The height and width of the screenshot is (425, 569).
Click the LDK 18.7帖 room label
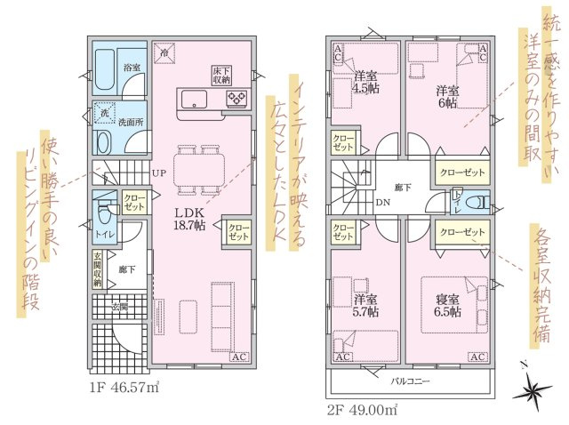pos(189,220)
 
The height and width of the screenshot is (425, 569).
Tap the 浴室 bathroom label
pos(132,68)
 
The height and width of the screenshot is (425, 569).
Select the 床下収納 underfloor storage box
pos(222,75)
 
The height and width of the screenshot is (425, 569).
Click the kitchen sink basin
pos(194,99)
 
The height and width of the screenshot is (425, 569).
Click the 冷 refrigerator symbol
pos(164,52)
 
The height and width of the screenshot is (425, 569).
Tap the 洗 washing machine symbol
pos(105,113)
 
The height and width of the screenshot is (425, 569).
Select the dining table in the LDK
pos(199,170)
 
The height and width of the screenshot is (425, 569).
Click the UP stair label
pos(159,174)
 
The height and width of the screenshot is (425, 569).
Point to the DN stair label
pos(383,202)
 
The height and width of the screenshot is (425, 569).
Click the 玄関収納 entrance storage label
pos(97,269)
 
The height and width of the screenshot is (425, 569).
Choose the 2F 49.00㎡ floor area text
pos(363,411)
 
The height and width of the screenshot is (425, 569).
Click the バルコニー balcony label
pos(410,381)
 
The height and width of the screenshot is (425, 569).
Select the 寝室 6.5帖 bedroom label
pos(448,306)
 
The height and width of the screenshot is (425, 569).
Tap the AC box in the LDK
pos(239,357)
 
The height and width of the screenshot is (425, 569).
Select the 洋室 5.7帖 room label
pos(365,306)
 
